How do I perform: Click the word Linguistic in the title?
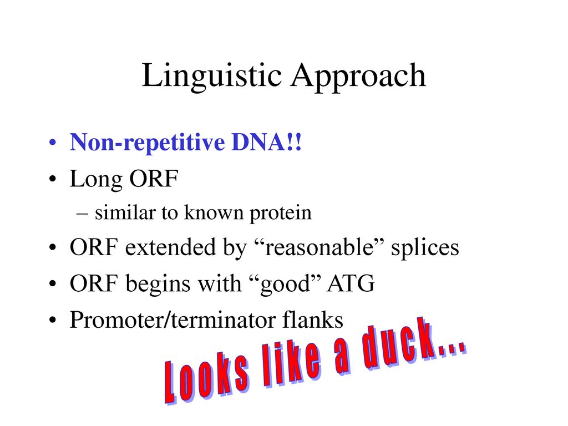click(x=212, y=76)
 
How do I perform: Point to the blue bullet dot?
click(x=53, y=143)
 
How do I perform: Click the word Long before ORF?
click(x=97, y=180)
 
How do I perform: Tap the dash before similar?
click(x=82, y=214)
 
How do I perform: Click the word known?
click(x=214, y=212)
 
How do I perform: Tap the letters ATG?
click(x=351, y=283)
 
